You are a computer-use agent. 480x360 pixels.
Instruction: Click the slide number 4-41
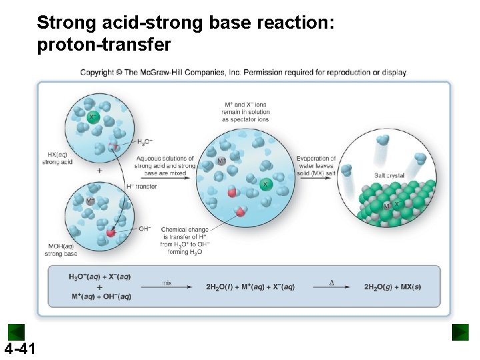tap(19, 349)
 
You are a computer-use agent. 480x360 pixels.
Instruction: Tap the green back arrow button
tap(16, 332)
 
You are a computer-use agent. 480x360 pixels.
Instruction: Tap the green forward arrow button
tap(460, 332)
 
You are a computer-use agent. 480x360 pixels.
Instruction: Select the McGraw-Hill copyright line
tap(243, 72)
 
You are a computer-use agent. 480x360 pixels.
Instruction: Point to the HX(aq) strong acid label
tap(57, 158)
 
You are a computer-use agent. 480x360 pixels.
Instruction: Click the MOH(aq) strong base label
tap(61, 250)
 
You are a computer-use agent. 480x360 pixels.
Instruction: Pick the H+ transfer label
tap(141, 187)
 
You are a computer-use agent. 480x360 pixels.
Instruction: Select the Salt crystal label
tap(389, 175)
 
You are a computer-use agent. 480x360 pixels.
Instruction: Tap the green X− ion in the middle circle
tap(266, 184)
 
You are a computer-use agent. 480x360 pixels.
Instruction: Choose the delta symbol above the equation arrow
tap(331, 283)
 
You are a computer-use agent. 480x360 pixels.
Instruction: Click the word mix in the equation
tap(167, 283)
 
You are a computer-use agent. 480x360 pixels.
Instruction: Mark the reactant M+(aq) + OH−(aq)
tap(99, 297)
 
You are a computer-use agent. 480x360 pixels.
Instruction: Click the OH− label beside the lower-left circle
tap(145, 229)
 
